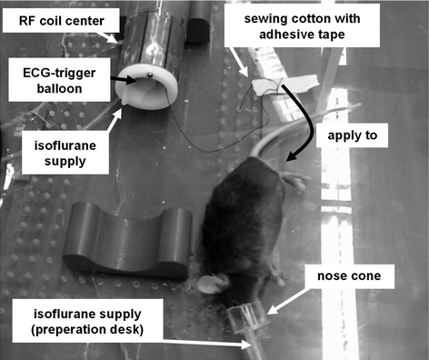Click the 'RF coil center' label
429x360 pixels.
(x=61, y=21)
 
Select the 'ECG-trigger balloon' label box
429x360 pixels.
(x=59, y=80)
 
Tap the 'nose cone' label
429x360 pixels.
(x=349, y=276)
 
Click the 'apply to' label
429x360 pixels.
(x=352, y=135)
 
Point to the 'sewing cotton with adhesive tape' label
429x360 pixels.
(x=302, y=26)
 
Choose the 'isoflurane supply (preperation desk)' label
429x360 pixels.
(x=87, y=321)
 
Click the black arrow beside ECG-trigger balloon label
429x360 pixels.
(x=124, y=80)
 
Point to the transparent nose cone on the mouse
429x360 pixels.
(x=248, y=316)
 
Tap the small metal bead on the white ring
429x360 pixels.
(x=149, y=75)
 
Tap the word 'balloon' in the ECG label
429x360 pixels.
(x=59, y=88)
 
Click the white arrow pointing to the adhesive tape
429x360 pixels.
(x=238, y=62)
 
